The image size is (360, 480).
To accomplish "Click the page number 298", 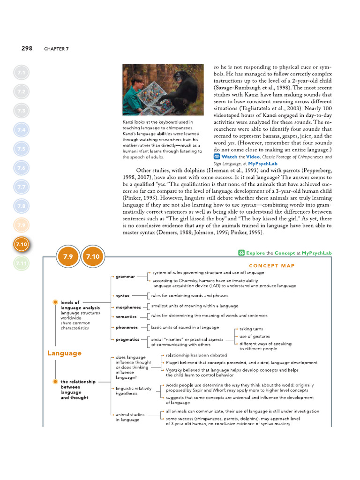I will click(27, 48).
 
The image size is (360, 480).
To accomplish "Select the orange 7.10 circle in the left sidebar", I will click(22, 244).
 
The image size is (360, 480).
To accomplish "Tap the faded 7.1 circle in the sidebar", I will click(22, 73).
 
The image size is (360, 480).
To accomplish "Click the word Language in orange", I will click(65, 353).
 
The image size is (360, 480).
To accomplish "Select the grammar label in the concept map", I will click(126, 277).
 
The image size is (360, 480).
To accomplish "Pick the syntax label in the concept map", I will click(123, 296).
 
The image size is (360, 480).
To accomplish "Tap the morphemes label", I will click(128, 307).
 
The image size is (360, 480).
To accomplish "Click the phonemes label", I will click(127, 328).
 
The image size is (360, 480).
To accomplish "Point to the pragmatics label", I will click(127, 339).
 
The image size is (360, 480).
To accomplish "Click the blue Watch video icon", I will click(217, 157).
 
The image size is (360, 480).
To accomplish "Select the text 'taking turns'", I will click(251, 329).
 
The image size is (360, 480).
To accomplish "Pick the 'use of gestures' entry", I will click(255, 336).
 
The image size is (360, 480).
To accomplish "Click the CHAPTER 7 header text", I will click(56, 49).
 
